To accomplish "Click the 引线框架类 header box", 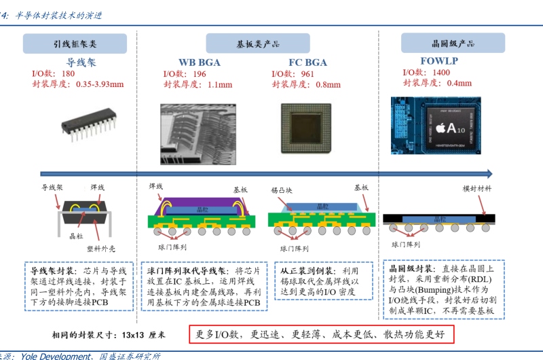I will (x=75, y=44).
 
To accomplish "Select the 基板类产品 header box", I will (x=259, y=44).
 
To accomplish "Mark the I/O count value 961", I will (x=307, y=74).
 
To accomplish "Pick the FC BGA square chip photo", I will (x=307, y=130).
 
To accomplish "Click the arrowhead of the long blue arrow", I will (x=487, y=173).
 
